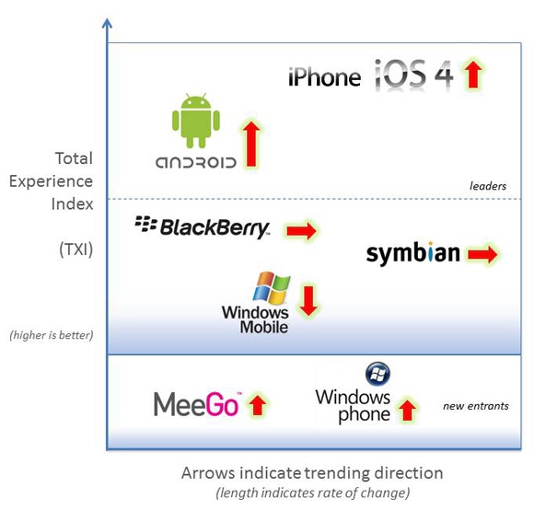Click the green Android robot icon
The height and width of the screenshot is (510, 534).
point(196,121)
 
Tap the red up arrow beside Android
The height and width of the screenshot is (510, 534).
point(251,145)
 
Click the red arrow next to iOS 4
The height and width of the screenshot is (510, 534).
point(472,74)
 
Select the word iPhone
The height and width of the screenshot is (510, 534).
point(324,77)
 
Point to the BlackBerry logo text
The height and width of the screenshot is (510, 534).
point(203,227)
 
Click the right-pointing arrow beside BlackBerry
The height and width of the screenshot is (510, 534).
point(301,231)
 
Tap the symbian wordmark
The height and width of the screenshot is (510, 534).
point(412,254)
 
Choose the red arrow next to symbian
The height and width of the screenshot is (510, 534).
point(482,254)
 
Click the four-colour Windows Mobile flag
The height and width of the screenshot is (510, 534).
point(272,288)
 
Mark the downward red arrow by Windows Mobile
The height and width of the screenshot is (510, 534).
point(308,301)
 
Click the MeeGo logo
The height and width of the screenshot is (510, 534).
point(197,404)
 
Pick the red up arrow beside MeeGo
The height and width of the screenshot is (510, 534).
point(257,404)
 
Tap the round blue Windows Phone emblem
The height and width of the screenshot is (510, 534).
point(377,374)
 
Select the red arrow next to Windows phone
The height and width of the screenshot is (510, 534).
point(407,411)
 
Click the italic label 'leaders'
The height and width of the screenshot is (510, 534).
point(488,186)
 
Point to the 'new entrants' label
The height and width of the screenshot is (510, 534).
point(476,406)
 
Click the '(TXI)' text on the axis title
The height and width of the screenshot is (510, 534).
point(75,249)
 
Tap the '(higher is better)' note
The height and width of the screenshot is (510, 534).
point(51,335)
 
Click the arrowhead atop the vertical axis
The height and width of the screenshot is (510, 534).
point(108,23)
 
